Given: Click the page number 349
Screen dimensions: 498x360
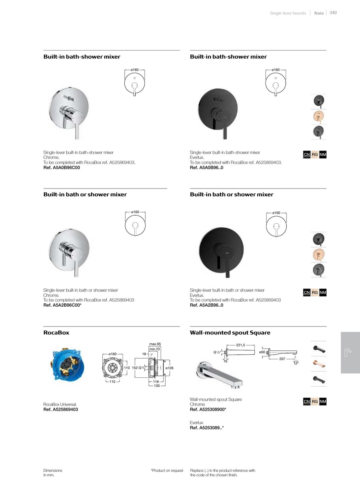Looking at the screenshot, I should [333, 13].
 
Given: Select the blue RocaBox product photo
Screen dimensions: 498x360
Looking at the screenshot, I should [68, 364].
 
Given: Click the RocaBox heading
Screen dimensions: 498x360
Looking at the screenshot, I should [56, 333].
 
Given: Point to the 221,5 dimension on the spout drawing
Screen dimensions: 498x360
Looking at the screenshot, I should [241, 345].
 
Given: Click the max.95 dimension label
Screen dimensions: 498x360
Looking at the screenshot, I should [155, 344].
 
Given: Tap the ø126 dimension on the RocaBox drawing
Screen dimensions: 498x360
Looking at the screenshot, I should [170, 368].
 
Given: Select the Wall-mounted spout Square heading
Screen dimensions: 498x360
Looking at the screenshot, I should [230, 333].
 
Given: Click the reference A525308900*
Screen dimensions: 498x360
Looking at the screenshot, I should [208, 409].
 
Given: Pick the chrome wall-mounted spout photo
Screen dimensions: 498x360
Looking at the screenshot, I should [220, 375].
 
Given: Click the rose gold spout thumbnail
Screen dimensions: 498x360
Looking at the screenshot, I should [318, 364].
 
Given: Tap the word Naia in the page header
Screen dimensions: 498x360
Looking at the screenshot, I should [319, 13].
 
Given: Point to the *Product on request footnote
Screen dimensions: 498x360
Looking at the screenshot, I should [167, 471].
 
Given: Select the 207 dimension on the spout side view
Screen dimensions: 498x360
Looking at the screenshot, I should [282, 359].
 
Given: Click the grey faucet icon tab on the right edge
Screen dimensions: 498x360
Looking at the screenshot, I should [350, 353].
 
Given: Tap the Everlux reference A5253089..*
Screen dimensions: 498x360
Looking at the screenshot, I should [207, 428].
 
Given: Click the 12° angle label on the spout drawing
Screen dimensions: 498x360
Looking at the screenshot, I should [296, 363].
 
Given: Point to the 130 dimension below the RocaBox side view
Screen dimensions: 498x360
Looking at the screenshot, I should [157, 386].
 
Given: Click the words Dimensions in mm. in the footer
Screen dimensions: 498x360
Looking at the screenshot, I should [53, 473].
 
